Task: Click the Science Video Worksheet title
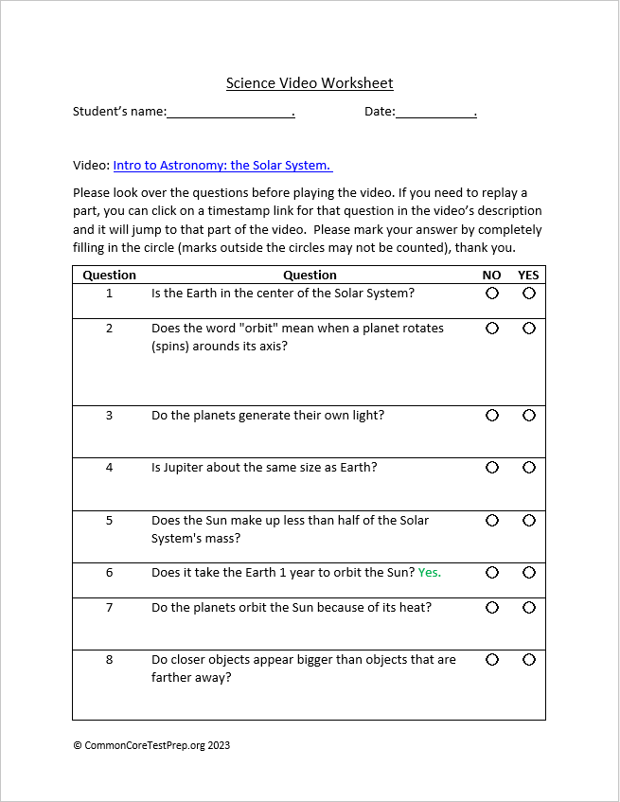[x=310, y=83]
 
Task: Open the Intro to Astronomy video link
[x=221, y=165]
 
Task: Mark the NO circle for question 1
[x=492, y=294]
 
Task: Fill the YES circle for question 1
[x=529, y=294]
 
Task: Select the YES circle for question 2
[x=529, y=329]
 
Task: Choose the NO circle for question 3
[x=492, y=416]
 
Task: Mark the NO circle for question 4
[x=492, y=468]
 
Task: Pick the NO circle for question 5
[x=492, y=521]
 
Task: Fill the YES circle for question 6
[x=529, y=573]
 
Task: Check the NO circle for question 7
[x=492, y=608]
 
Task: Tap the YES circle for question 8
[x=529, y=660]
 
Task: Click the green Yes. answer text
[x=430, y=573]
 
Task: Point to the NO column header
[x=491, y=276]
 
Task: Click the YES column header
[x=528, y=276]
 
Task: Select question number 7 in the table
[x=109, y=608]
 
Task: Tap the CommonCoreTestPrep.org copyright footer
[x=151, y=745]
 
